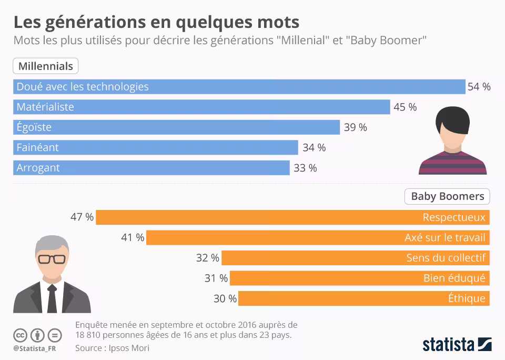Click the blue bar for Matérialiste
[201, 107]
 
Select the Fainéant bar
[156, 147]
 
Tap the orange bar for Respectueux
[292, 217]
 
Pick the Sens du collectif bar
[356, 258]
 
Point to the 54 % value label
[479, 87]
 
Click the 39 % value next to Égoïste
[356, 127]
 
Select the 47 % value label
[82, 217]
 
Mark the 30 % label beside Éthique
[225, 299]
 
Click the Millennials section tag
[46, 66]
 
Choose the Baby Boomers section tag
[447, 196]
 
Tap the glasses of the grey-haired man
[52, 259]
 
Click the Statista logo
[457, 345]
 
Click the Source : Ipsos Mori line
[112, 348]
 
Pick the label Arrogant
[38, 168]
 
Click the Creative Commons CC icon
[20, 335]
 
